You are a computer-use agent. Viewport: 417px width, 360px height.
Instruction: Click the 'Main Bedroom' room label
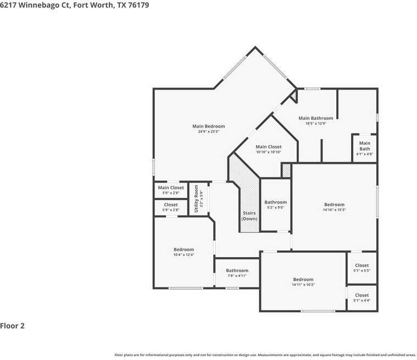point(208,126)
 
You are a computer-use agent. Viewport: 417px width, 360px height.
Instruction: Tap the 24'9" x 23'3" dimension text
point(208,132)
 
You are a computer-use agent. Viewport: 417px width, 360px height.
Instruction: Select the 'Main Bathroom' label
point(315,118)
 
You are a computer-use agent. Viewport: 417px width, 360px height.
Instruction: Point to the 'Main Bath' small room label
point(365,146)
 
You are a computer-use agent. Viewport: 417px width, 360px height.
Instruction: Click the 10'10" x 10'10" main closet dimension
point(269,152)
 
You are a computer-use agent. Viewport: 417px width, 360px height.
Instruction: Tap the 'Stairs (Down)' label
point(249,215)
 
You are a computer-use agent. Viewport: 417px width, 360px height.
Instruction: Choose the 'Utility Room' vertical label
point(196,199)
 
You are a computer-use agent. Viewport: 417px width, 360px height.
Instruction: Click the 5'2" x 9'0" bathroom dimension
point(275,208)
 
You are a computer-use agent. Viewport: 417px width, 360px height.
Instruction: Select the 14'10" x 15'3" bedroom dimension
point(334,210)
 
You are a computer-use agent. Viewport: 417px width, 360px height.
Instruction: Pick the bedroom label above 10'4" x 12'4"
point(184,250)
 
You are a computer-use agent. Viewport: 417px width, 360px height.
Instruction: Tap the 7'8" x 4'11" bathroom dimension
point(237,276)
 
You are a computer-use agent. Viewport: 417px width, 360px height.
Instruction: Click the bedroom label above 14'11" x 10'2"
point(303,279)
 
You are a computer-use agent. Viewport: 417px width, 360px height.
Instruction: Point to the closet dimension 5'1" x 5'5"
point(362,271)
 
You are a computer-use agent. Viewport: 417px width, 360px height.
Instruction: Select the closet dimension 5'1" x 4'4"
point(362,301)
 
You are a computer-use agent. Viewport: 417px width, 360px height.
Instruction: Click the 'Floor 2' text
point(13,326)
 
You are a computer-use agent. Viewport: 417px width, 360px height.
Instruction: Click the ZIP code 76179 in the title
point(137,5)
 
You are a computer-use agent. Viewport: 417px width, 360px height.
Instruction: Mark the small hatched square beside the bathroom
point(286,171)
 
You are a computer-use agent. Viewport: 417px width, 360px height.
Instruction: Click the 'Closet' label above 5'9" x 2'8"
point(171,205)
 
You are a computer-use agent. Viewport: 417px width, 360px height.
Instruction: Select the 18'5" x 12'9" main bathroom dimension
point(315,124)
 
